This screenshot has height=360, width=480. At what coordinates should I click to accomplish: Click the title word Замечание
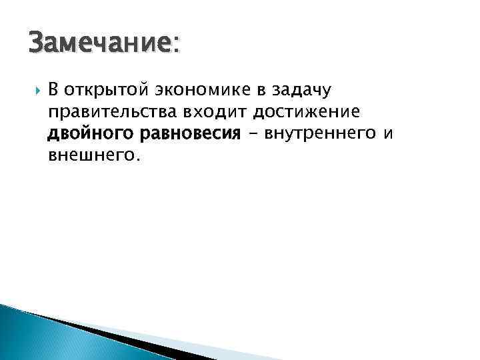tap(100, 45)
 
